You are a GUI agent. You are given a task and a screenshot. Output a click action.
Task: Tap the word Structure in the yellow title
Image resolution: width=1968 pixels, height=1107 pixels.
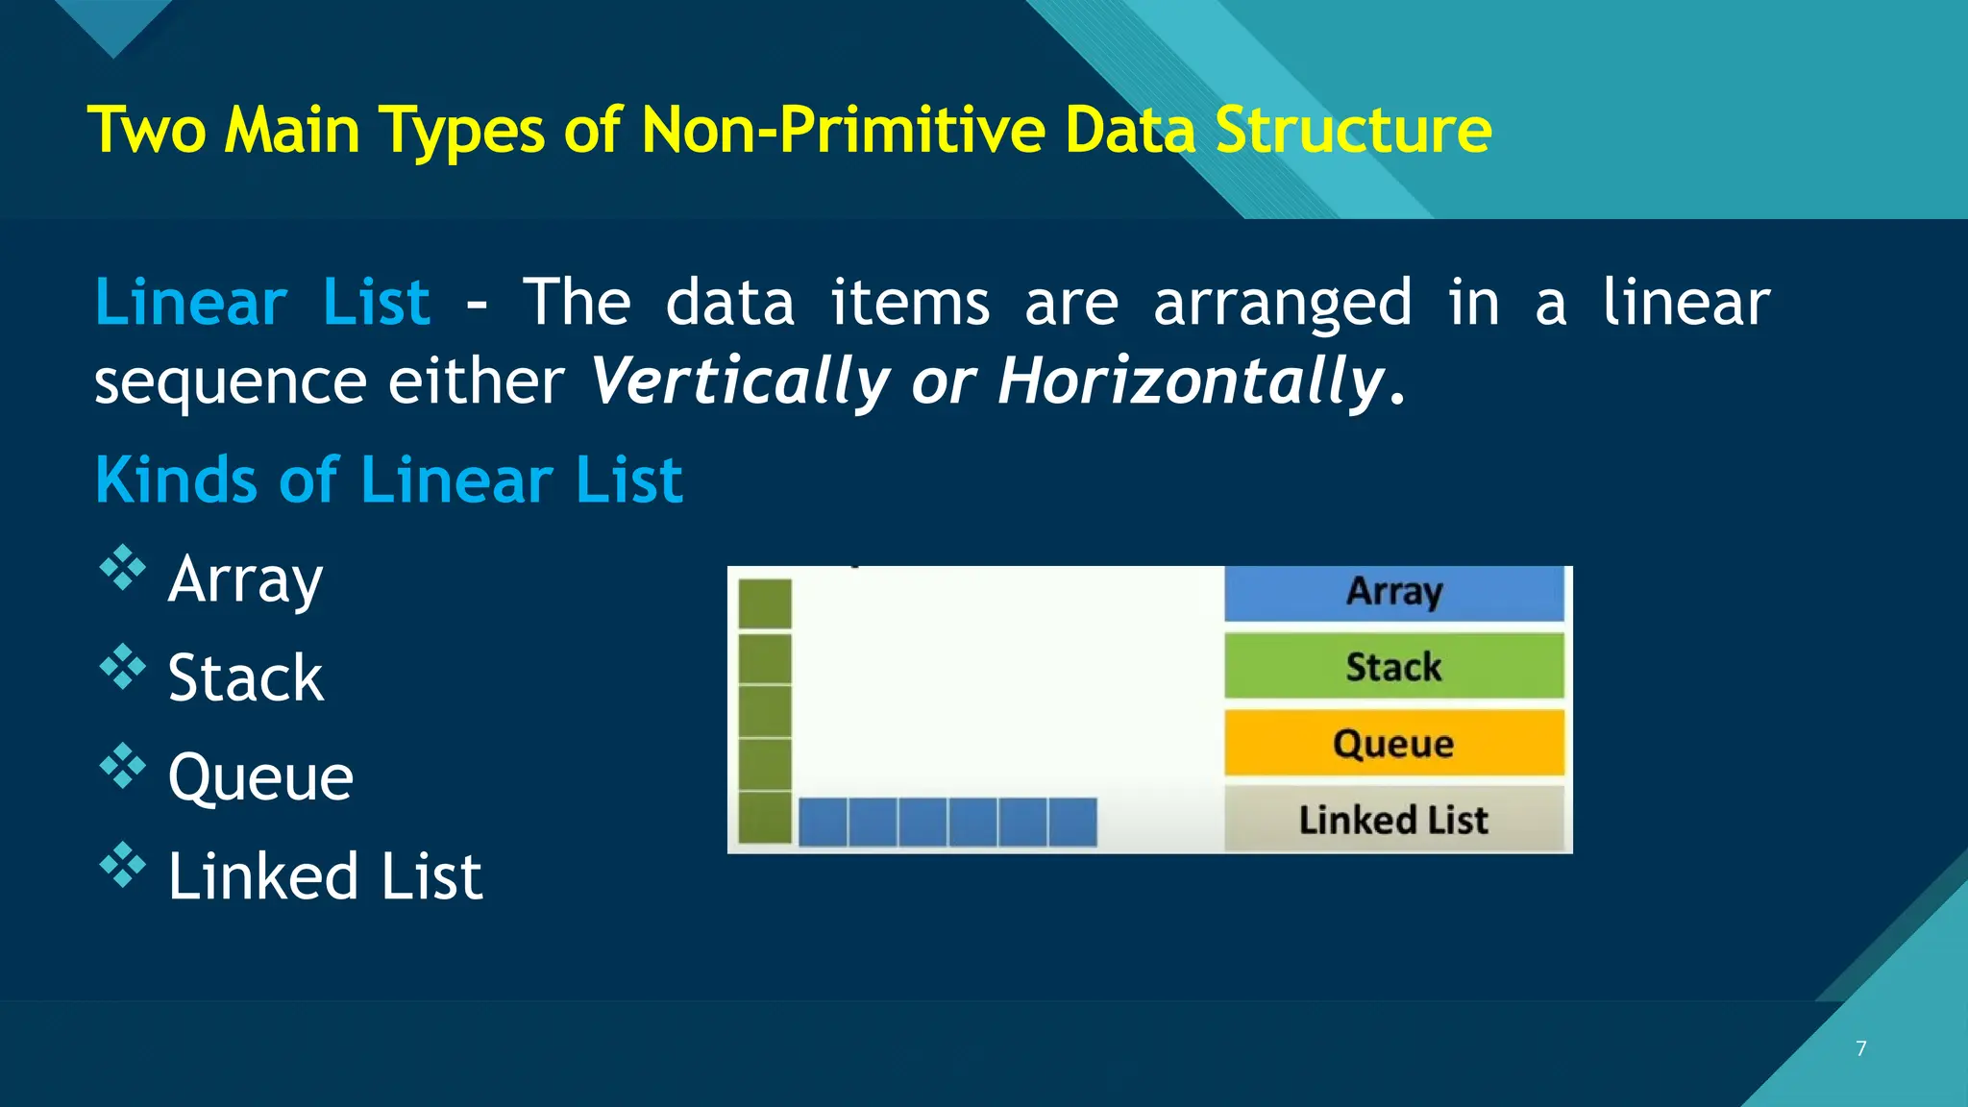[1353, 131]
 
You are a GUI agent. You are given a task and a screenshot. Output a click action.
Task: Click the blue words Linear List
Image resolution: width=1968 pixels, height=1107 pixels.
[261, 304]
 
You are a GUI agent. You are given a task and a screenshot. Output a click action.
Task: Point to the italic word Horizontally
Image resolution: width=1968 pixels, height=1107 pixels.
[1190, 381]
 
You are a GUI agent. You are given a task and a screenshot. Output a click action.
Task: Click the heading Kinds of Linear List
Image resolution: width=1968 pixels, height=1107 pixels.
[389, 480]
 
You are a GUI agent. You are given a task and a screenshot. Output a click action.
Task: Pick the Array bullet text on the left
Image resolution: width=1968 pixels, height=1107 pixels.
[245, 579]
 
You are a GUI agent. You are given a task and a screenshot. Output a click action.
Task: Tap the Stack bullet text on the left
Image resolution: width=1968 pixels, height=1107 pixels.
[245, 678]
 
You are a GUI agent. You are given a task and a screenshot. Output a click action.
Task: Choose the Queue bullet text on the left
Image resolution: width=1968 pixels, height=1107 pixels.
[260, 777]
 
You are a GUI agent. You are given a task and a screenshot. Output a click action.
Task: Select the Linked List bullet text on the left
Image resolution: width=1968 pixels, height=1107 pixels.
[325, 876]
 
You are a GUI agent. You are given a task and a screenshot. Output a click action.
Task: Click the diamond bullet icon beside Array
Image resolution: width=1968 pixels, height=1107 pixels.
[123, 568]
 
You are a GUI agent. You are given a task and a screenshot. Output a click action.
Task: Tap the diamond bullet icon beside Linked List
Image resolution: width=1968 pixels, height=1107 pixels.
[123, 865]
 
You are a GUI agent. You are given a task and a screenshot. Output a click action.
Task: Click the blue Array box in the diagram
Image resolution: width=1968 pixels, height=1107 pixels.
[1393, 592]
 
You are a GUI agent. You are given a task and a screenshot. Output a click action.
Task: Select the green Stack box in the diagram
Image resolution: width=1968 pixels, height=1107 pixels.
[1393, 666]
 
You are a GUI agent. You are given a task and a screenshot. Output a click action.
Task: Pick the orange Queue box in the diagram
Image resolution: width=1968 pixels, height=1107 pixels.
[1393, 743]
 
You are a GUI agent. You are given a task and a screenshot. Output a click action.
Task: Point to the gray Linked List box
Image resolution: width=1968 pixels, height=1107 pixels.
[1393, 820]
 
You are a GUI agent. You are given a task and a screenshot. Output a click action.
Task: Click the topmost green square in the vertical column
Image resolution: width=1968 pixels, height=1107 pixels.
[765, 603]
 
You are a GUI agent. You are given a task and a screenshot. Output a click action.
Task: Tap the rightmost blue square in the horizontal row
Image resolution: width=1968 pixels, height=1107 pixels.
[1072, 823]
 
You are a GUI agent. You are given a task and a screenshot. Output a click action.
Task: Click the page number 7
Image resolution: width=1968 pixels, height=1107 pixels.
[1861, 1048]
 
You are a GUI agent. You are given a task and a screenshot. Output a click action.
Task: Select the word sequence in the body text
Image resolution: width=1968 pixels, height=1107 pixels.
[230, 381]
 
